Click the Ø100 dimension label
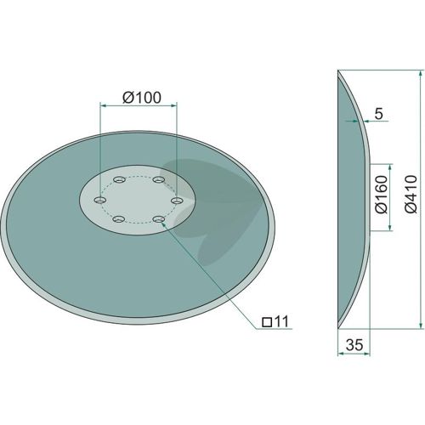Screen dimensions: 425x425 pos(142,98)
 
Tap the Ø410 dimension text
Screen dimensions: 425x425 pos(411,194)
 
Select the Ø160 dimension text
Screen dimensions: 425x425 pos(381,195)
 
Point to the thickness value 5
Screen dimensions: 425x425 pos(378,114)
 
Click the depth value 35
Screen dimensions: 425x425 pos(354,345)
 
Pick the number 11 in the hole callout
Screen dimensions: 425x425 pos(281,321)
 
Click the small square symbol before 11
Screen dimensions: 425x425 pos(267,322)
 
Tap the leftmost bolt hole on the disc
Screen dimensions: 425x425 pos(99,200)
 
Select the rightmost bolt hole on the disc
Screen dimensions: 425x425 pos(178,201)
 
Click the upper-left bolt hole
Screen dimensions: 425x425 pos(119,179)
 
